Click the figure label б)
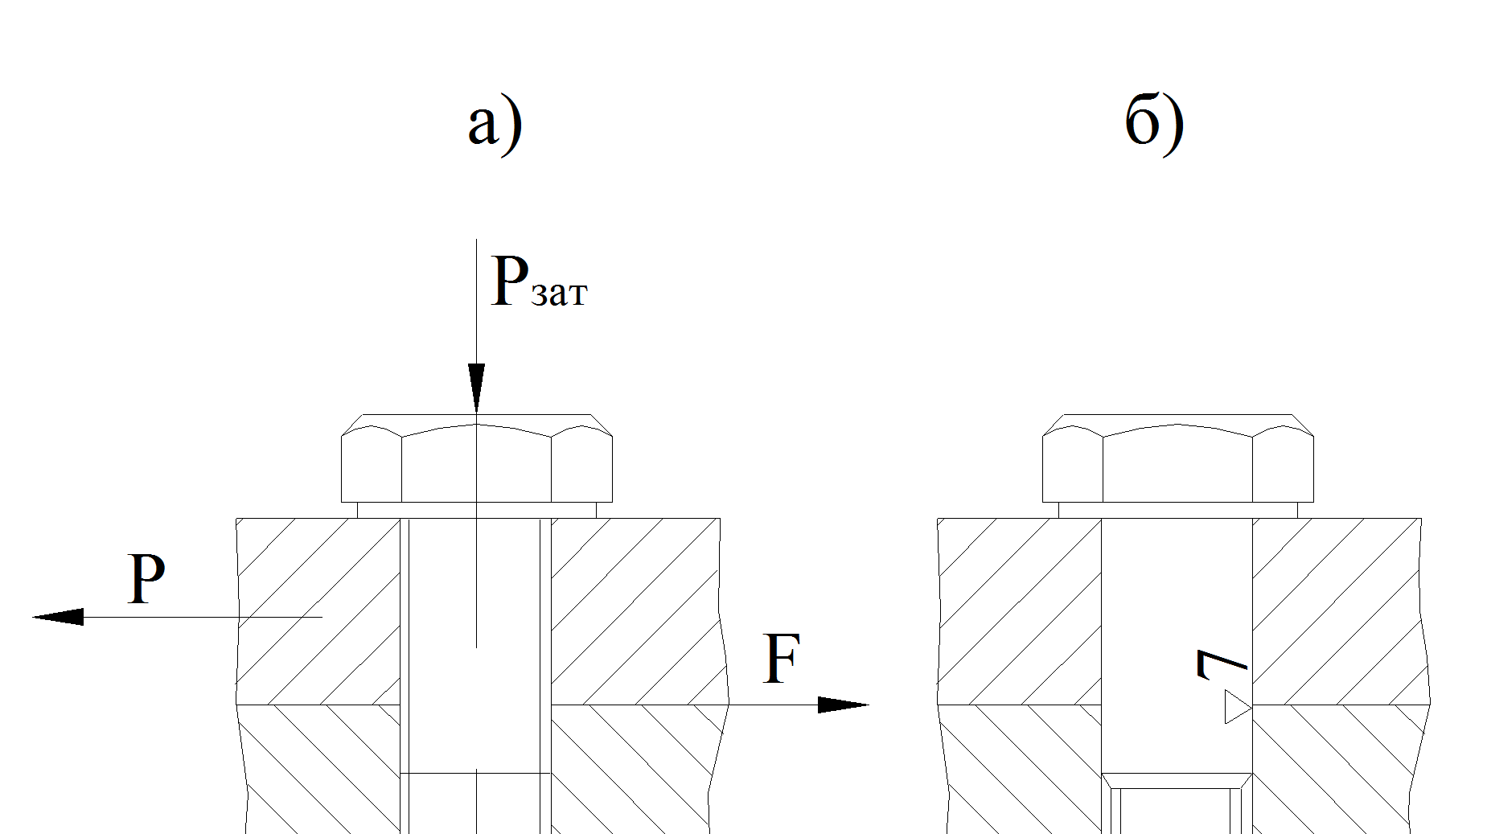point(1155,122)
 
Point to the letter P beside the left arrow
point(146,579)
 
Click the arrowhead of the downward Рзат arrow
point(476,388)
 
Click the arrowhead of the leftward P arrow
point(58,617)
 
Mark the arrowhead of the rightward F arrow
point(844,705)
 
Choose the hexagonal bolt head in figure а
point(477,458)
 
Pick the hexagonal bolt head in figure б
point(1178,458)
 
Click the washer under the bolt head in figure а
point(477,510)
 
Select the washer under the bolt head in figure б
point(1178,510)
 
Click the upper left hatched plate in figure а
point(318,611)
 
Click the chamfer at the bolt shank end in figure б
point(1177,781)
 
